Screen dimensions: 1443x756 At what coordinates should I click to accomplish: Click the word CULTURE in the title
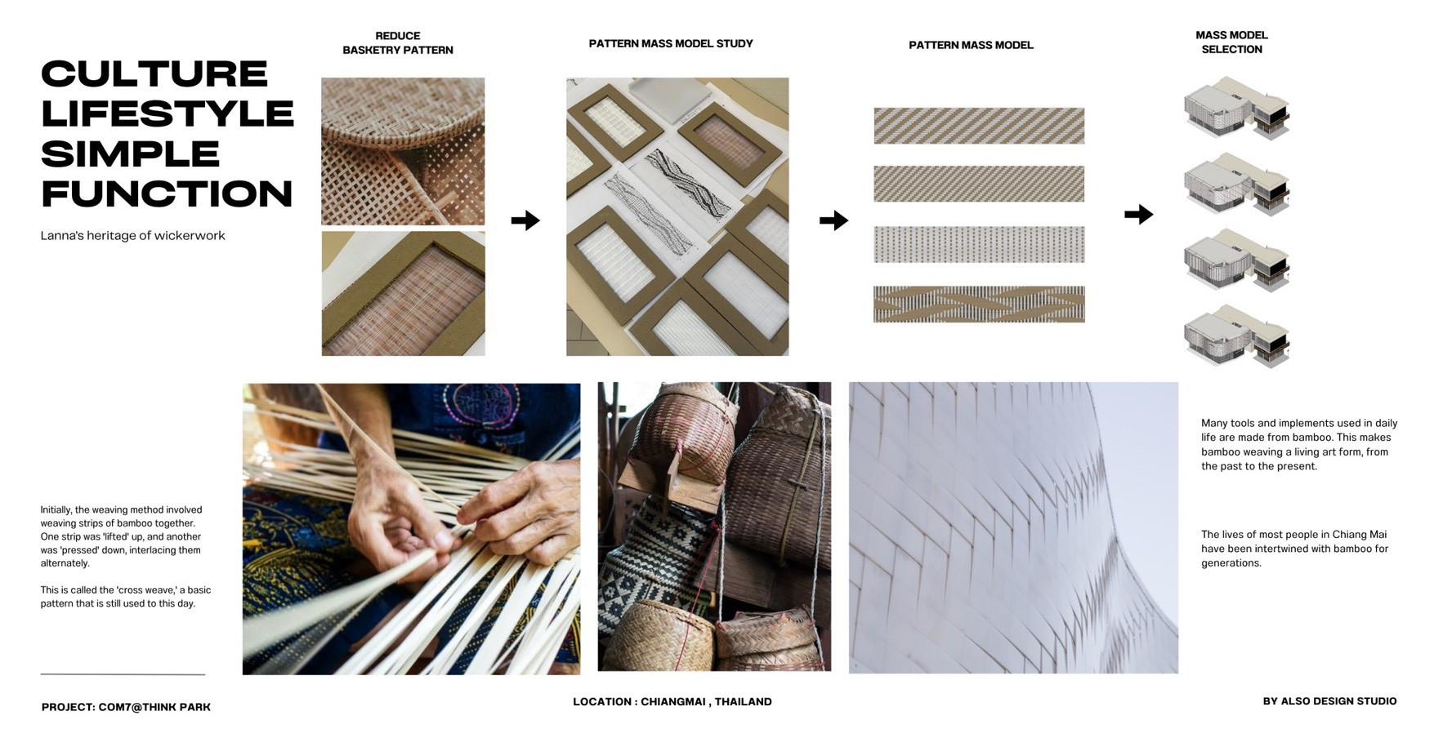[x=154, y=74]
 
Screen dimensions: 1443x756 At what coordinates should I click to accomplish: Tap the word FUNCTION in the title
[x=167, y=194]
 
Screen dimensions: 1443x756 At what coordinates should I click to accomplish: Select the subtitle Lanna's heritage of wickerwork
[x=132, y=236]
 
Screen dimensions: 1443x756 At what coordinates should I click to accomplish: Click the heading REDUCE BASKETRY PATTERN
[x=398, y=42]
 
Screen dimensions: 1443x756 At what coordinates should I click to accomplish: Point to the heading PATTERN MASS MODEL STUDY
[x=671, y=43]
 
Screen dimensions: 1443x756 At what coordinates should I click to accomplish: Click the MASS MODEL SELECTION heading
[x=1231, y=42]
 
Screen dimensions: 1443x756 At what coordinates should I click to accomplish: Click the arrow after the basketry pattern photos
[x=525, y=220]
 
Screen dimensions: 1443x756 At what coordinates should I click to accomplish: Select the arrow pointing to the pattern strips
[x=833, y=220]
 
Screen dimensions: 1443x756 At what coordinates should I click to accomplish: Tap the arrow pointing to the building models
[x=1139, y=215]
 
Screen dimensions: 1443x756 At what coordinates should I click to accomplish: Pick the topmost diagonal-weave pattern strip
[x=979, y=126]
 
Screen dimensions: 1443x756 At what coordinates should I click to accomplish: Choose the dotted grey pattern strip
[x=979, y=245]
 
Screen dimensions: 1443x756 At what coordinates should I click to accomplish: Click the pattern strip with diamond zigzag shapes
[x=979, y=305]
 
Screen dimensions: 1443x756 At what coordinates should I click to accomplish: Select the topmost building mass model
[x=1236, y=109]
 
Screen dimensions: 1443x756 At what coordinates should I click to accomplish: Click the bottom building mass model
[x=1236, y=336]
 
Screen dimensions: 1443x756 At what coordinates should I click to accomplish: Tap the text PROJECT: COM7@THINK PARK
[x=126, y=707]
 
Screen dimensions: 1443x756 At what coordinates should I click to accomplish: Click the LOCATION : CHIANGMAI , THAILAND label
[x=672, y=701]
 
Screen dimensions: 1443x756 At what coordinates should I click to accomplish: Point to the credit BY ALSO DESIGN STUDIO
[x=1329, y=701]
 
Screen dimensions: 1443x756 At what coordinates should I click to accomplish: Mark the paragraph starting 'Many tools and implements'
[x=1299, y=445]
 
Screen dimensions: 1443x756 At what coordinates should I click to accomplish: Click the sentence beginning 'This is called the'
[x=126, y=597]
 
